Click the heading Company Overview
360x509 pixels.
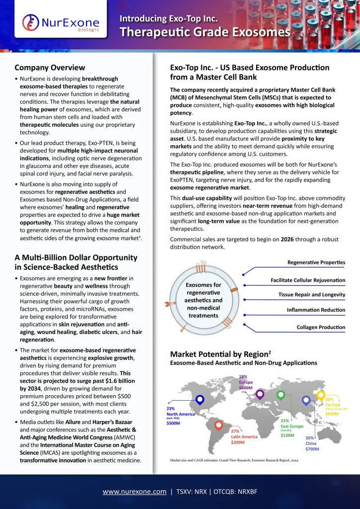pos(50,68)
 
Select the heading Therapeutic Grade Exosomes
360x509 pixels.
pos(205,32)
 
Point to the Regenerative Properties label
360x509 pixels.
pos(316,262)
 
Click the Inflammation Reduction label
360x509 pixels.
pos(316,310)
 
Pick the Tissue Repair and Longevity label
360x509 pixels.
pos(311,294)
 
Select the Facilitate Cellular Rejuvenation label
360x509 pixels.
pos(308,280)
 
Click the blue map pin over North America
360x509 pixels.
pos(200,400)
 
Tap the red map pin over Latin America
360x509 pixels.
pos(219,425)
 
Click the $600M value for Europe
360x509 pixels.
pos(246,388)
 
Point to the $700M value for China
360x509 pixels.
pos(312,449)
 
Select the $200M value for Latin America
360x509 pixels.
pos(238,442)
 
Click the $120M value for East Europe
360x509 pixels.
pos(287,435)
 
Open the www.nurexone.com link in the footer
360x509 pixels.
pos(134,492)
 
